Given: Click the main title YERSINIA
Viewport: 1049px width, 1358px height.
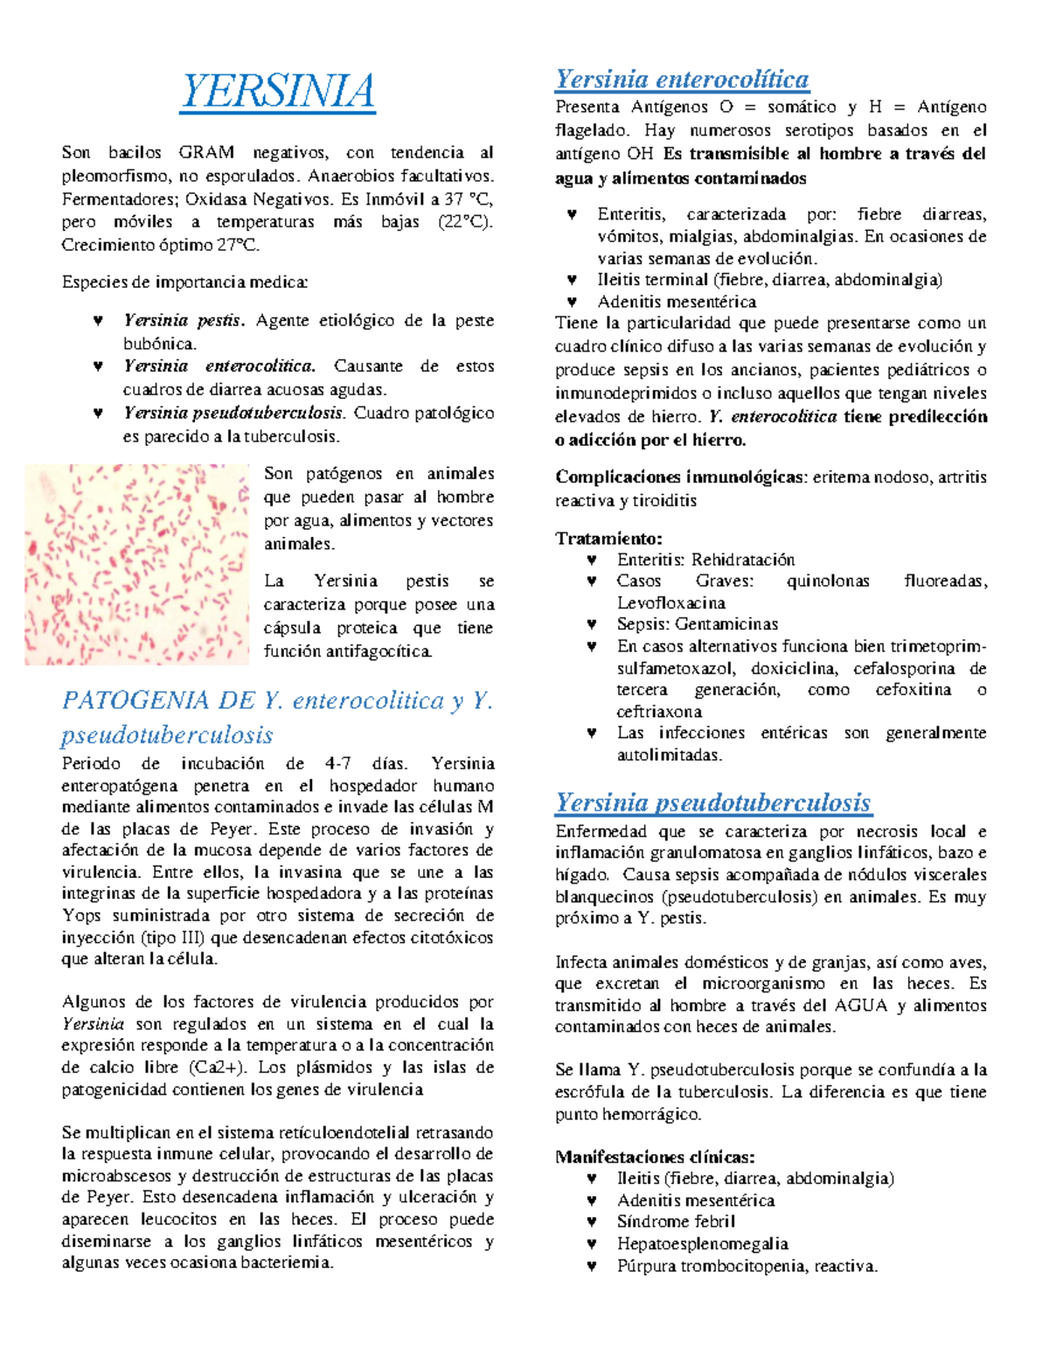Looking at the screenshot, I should coord(278,92).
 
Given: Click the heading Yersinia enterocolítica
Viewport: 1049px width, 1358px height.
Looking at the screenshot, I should coord(682,80).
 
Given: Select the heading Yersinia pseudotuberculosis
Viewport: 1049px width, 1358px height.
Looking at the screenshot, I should coord(713,803).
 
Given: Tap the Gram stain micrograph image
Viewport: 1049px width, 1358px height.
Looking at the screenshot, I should coord(137,565).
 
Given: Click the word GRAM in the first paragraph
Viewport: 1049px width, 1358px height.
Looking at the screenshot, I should coord(206,152).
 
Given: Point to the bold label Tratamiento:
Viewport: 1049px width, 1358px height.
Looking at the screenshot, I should coord(608,539).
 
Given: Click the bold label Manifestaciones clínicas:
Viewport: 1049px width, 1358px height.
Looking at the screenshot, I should coord(655,1157).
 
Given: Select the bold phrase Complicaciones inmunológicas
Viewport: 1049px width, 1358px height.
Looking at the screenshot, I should coord(680,477).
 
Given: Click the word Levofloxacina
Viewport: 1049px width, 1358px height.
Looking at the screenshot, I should coord(670,603).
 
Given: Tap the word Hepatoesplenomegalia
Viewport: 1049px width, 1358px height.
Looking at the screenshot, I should coord(702,1243).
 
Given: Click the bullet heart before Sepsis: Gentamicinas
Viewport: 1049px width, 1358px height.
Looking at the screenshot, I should coord(592,624).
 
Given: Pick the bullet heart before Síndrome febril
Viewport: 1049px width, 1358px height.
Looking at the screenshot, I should coord(592,1222).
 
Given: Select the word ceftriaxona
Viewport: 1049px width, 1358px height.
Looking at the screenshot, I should coord(659,712).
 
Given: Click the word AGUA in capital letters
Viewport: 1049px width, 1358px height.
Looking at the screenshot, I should coord(861,1006).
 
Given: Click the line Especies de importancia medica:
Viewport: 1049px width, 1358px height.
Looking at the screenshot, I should coord(184,282).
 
